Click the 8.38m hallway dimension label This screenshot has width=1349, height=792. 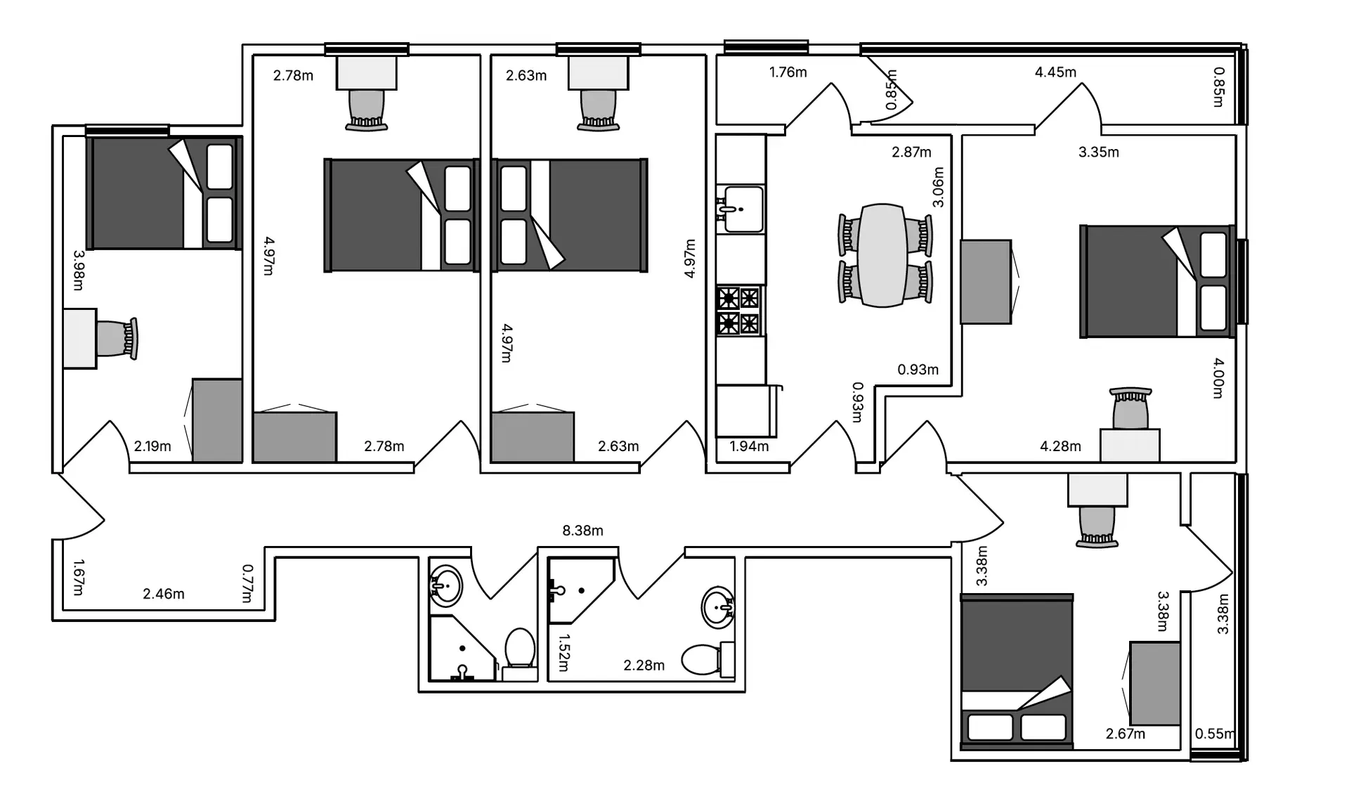[582, 531]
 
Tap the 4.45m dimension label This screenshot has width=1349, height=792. [1055, 72]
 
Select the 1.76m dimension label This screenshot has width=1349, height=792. [788, 72]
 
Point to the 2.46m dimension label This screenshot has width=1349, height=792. [164, 594]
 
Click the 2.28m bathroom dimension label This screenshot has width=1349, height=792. [644, 665]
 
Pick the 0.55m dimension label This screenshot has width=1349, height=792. [1215, 734]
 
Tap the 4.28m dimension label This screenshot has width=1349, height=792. [1060, 446]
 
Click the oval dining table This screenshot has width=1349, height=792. [883, 255]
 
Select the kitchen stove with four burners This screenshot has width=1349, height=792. [739, 311]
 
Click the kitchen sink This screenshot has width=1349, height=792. [742, 209]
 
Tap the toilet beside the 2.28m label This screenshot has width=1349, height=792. [708, 658]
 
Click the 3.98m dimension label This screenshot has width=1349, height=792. [78, 270]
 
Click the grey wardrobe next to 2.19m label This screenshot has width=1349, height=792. [217, 420]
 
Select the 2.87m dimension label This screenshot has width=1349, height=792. [911, 152]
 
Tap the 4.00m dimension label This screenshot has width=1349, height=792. [1218, 378]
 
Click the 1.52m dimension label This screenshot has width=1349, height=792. [563, 653]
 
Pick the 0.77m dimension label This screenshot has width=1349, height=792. [247, 583]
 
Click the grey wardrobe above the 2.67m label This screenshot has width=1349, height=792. [1154, 683]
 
